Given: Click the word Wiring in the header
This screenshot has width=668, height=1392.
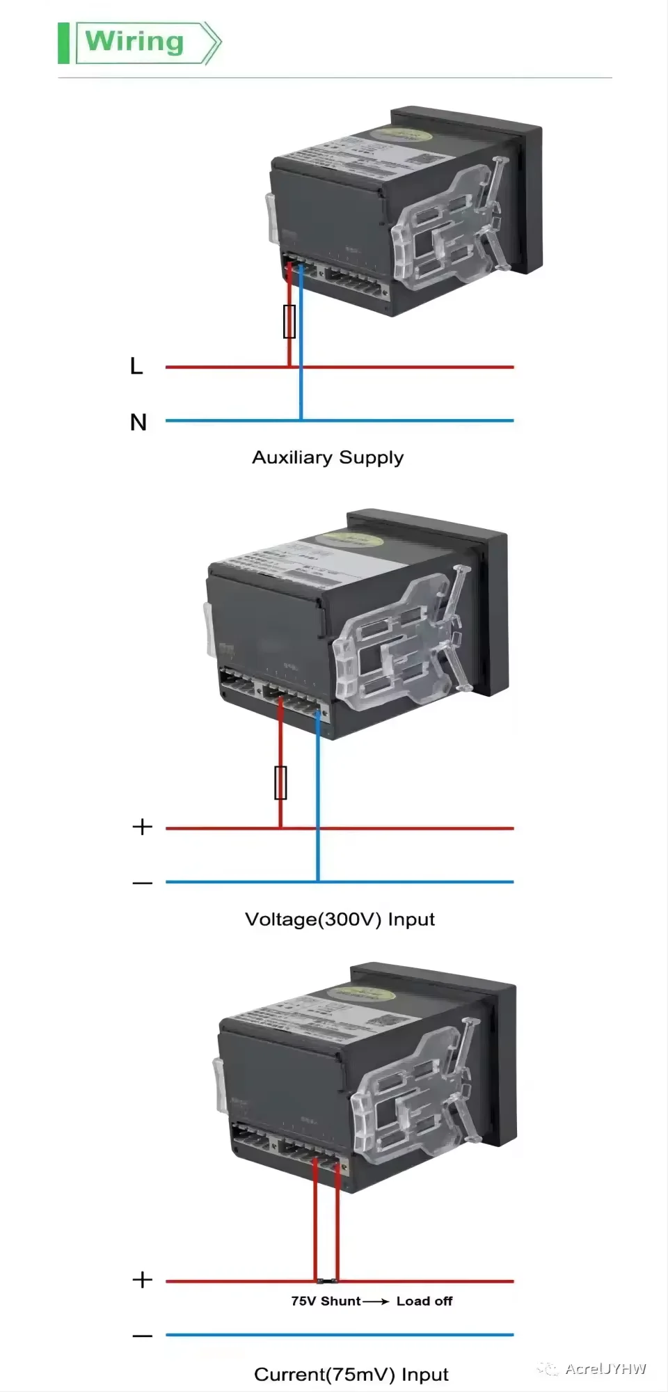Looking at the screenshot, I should pos(135,42).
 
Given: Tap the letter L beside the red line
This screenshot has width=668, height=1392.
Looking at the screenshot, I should pos(136,366).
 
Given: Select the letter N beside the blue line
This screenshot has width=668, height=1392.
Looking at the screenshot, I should pos(138,422).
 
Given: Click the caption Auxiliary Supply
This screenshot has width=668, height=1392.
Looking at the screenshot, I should pos(327,457).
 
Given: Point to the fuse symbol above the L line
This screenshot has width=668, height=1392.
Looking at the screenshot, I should pos(289,322).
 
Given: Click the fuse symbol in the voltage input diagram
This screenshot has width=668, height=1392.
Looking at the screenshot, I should pos(280,783).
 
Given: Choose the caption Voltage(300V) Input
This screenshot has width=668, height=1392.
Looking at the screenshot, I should pos(340,919).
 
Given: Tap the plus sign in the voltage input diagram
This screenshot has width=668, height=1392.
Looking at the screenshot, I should pos(142,827).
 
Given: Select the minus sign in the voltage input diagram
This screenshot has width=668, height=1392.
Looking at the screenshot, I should pos(142,883).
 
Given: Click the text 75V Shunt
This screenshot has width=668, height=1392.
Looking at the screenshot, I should pos(326,1301).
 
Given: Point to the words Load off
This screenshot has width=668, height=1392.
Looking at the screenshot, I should pos(424,1301).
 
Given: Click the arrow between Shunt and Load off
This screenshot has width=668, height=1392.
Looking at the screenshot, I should pos(376,1301).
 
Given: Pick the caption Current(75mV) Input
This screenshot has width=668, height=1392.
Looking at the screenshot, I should pos(351,1375).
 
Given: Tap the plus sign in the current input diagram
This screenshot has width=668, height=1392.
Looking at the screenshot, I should pos(142,1280).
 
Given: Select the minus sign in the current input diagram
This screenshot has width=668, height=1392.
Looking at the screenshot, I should pos(142,1336).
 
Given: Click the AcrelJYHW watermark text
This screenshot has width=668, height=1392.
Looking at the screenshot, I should pos(605,1368).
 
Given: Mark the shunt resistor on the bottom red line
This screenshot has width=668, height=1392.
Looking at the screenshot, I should pos(327,1281).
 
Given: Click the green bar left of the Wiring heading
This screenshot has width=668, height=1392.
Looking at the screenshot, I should pos(63,43).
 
